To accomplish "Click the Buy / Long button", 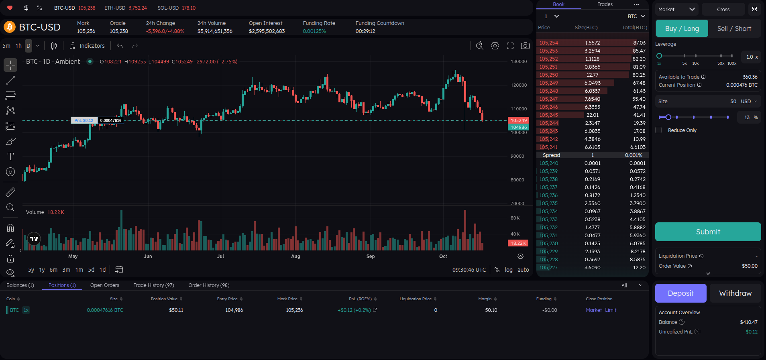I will pos(682,28).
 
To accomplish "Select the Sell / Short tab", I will pos(734,28).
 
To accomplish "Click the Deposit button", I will pos(680,293).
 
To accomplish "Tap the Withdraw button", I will pos(735,293).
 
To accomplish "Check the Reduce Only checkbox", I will pos(658,130).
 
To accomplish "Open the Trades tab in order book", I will pos(605,4).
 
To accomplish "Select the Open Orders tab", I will pos(104,285).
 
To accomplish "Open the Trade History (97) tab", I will pos(154,285).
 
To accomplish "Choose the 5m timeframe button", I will pos(6,46).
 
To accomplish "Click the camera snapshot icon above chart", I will pos(525,46).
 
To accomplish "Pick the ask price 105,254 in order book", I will pos(548,43).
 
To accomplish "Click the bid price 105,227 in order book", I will pos(548,268).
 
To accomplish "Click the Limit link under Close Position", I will pos(611,310).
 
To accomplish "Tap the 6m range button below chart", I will pos(53,270).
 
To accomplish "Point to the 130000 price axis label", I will pos(519,62).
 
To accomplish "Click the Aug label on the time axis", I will pos(295,256).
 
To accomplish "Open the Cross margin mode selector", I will pos(723,10).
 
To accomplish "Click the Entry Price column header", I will pos(227,299).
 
